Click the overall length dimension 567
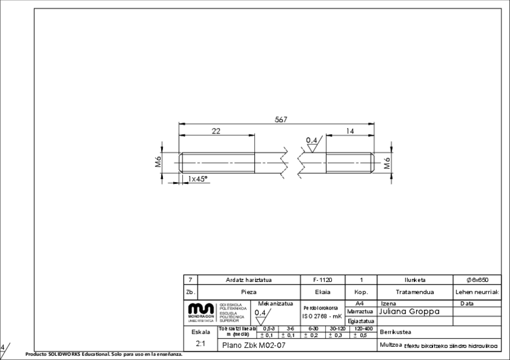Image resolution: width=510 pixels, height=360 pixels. point(281,120)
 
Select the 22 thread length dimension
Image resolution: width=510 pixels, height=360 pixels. point(215,131)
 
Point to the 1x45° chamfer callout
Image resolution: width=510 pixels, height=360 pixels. point(198,178)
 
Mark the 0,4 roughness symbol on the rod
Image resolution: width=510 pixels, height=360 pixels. point(313,142)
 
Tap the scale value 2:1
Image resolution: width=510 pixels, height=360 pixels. point(198,345)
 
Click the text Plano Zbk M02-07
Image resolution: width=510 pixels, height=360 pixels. point(253,346)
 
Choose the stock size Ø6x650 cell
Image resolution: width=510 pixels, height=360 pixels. point(478,280)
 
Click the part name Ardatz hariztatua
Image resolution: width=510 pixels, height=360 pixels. point(249,280)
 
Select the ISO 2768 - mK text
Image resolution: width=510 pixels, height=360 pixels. point(322,316)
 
